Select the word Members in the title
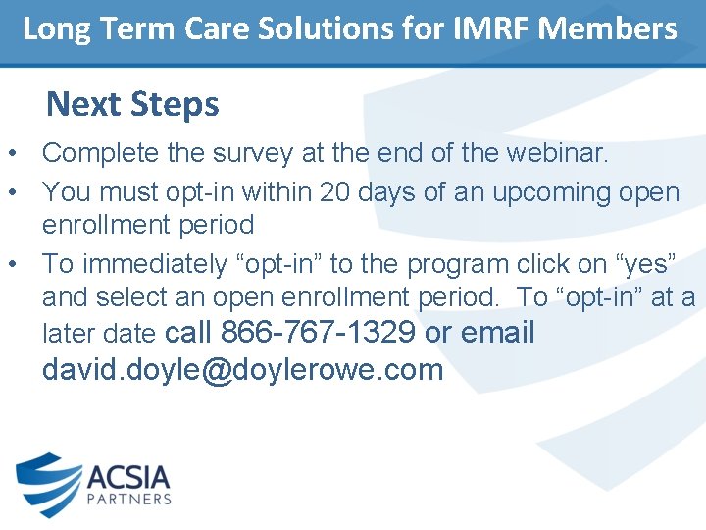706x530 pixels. pyautogui.click(x=608, y=28)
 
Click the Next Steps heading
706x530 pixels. pyautogui.click(x=132, y=104)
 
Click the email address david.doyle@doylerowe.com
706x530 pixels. pyautogui.click(x=242, y=370)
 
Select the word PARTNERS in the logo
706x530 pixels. pyautogui.click(x=128, y=500)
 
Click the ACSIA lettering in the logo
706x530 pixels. pyautogui.click(x=128, y=478)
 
